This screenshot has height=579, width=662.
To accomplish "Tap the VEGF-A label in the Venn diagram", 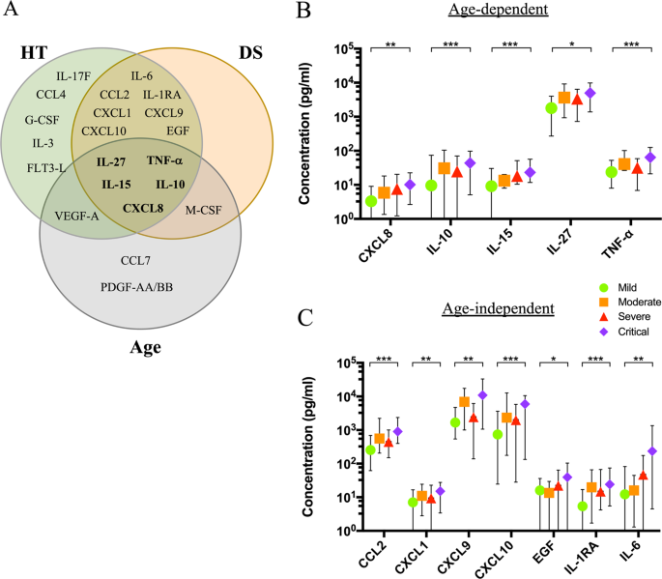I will coord(77,215).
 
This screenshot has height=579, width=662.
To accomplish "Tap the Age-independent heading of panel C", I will coord(498,309).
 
